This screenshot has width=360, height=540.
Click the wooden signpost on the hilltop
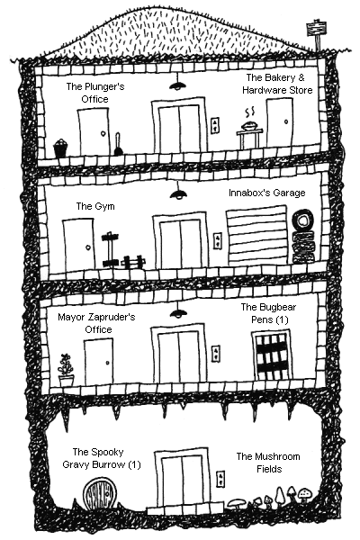(316, 34)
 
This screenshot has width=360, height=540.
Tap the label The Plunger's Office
(95, 93)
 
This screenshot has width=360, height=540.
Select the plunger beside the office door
(118, 145)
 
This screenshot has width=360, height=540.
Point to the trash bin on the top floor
(60, 148)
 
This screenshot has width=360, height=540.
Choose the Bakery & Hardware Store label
(277, 84)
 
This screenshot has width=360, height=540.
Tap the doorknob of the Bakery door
(286, 121)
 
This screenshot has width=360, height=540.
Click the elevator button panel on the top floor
(214, 125)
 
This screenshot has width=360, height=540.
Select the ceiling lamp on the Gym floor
(178, 192)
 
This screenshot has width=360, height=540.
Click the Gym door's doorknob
(88, 247)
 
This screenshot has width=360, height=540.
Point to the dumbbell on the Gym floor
(132, 262)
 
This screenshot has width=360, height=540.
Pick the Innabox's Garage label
(267, 193)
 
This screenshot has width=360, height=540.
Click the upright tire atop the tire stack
(302, 220)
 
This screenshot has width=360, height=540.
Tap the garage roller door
(257, 236)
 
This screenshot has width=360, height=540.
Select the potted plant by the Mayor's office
(66, 370)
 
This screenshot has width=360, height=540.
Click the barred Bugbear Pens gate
(272, 355)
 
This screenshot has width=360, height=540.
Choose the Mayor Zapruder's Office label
(97, 323)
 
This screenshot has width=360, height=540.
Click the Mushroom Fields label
(268, 463)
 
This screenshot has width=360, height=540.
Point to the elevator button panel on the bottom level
(220, 479)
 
